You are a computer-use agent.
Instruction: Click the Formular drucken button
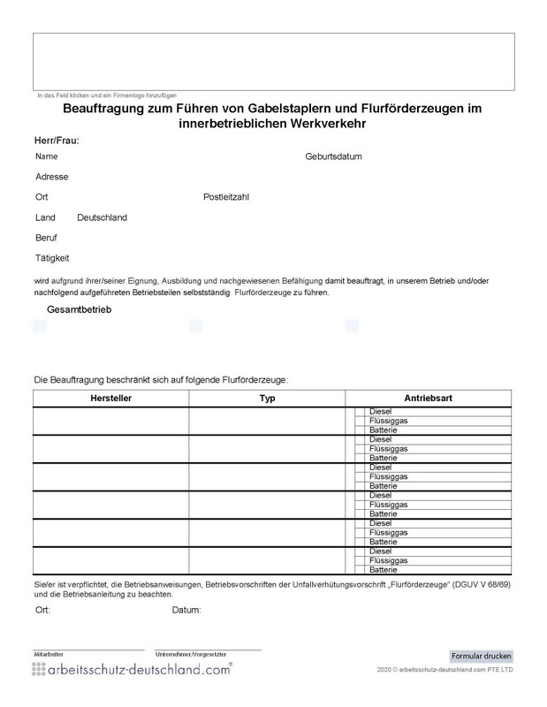click(481, 656)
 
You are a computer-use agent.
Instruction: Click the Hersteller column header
click(110, 399)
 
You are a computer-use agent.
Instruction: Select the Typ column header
click(267, 399)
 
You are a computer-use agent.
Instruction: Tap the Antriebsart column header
click(429, 399)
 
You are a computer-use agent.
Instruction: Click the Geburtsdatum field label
click(333, 156)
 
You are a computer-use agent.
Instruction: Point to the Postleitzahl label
click(226, 197)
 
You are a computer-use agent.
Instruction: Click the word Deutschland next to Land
click(103, 217)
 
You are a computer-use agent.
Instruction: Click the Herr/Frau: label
click(57, 140)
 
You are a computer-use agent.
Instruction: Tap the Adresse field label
click(51, 177)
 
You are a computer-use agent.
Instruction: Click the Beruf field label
click(46, 238)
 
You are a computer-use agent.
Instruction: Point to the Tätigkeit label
click(52, 258)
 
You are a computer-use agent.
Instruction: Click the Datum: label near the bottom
click(187, 610)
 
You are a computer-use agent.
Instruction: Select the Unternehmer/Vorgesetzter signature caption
click(188, 653)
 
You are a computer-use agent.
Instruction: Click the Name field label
click(47, 156)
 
